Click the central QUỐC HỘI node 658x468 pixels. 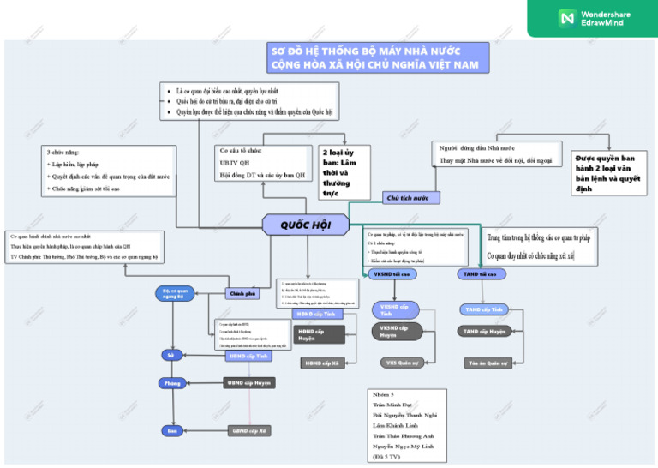click(x=305, y=225)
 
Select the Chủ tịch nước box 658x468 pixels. click(x=407, y=198)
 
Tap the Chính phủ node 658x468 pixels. click(x=242, y=293)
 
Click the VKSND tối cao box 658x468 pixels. click(x=392, y=274)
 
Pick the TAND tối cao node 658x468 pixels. click(x=478, y=274)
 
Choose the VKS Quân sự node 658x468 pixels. click(x=402, y=363)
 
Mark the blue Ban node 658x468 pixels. click(x=171, y=430)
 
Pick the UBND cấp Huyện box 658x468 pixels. click(x=248, y=383)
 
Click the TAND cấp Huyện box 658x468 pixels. click(x=484, y=331)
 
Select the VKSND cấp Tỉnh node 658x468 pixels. click(x=394, y=310)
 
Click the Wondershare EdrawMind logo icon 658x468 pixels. click(x=566, y=17)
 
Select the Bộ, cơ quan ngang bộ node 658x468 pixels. click(x=174, y=294)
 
